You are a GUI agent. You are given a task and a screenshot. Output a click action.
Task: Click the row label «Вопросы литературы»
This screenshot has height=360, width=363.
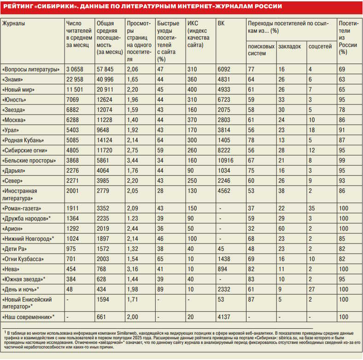pyautogui.click(x=31, y=69)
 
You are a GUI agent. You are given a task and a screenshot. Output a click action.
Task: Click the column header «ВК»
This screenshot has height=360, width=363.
pyautogui.click(x=221, y=23)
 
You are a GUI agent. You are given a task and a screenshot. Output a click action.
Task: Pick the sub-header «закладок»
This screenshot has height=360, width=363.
pyautogui.click(x=290, y=46)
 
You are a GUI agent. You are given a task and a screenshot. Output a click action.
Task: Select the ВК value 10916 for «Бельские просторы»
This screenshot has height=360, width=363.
pyautogui.click(x=225, y=160)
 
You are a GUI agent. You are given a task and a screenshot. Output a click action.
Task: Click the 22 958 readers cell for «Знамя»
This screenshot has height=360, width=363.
pyautogui.click(x=76, y=79)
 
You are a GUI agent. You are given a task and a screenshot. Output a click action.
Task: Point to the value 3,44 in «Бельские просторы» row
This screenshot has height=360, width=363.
pyautogui.click(x=133, y=160)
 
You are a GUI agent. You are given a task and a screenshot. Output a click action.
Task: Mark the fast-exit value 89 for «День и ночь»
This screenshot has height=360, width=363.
pyautogui.click(x=160, y=289)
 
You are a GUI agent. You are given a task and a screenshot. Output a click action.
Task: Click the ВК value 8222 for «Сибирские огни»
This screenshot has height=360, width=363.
pyautogui.click(x=224, y=150)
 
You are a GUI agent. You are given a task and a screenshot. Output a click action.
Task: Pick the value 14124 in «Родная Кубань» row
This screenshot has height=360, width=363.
pyautogui.click(x=105, y=140)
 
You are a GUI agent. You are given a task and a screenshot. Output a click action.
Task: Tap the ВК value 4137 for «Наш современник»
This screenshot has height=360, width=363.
pyautogui.click(x=224, y=317)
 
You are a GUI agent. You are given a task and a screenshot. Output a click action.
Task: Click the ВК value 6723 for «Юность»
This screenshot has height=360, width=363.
pyautogui.click(x=224, y=99)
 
